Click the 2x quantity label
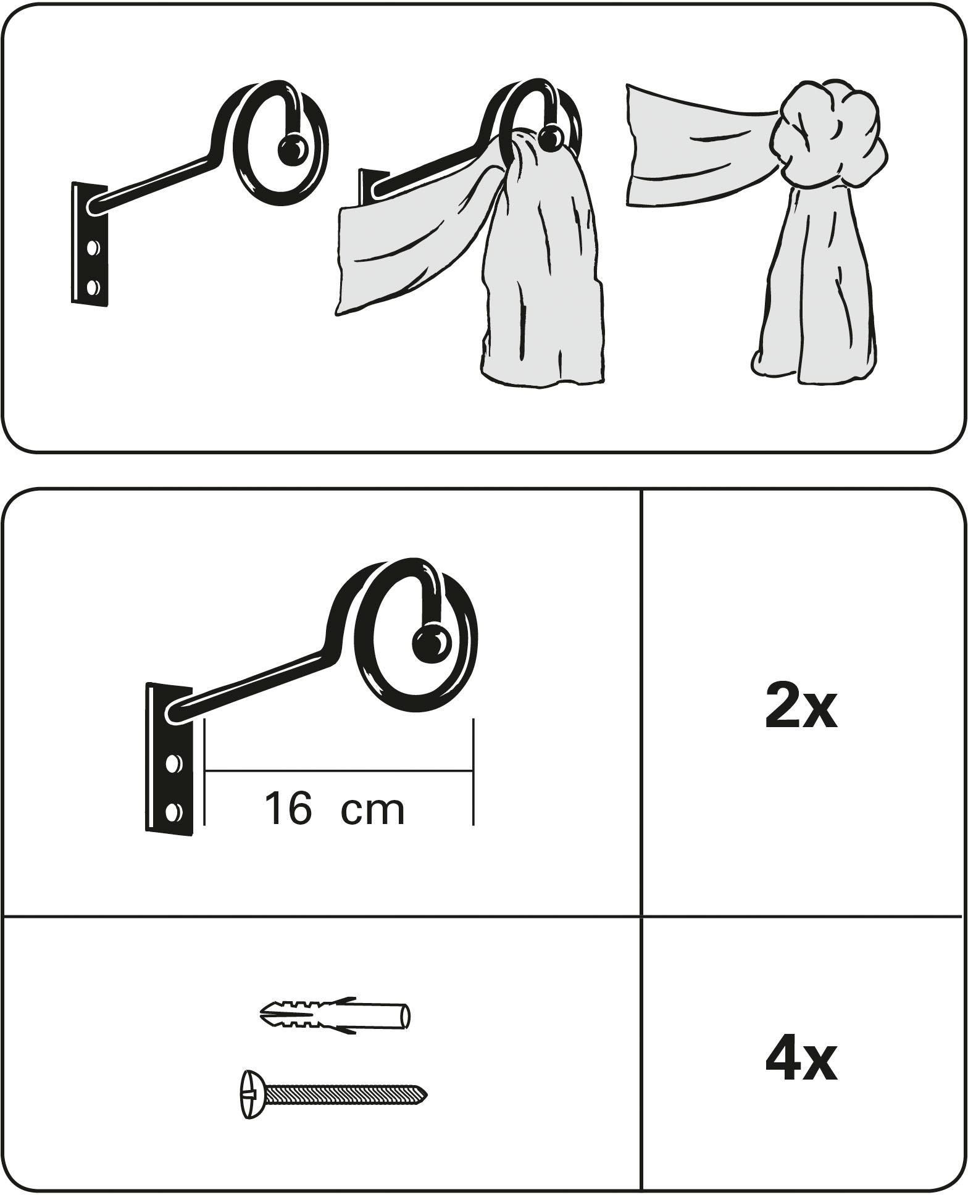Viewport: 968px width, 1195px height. pos(801,706)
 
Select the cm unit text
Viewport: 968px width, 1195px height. pos(372,811)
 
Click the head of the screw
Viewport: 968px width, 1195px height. pos(251,1093)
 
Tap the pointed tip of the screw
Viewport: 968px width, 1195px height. pos(424,1096)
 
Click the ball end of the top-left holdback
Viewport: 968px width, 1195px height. pos(292,150)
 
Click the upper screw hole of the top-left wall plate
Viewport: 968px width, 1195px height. pos(93,249)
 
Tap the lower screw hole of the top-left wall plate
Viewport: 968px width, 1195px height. pos(93,287)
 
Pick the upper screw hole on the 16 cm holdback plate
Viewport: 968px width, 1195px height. pos(175,765)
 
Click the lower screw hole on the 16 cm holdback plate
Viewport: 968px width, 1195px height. pos(175,810)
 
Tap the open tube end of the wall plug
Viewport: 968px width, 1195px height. pos(406,1016)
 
